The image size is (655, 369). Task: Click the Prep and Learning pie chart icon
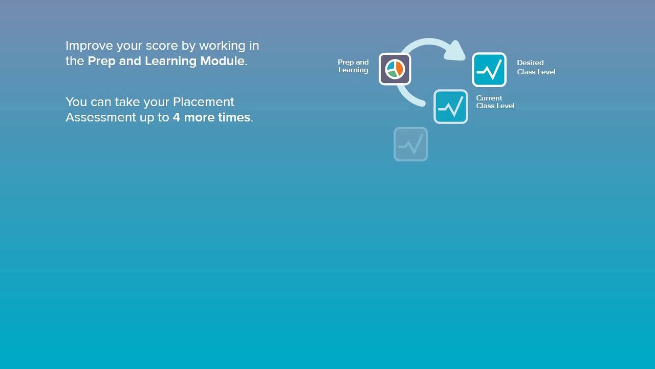point(395,69)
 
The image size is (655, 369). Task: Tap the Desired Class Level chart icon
point(489,70)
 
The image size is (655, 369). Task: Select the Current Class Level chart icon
point(451,107)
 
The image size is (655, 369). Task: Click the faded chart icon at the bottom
point(410,144)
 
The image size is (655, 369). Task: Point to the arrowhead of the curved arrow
point(455,51)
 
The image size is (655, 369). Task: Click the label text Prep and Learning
point(353,66)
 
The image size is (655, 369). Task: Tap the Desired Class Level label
point(536,67)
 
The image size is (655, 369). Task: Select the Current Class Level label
point(495,101)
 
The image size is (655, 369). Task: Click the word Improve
point(89,46)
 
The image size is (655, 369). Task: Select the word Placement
point(204,102)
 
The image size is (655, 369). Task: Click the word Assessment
point(101,117)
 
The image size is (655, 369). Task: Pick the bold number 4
point(177,117)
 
